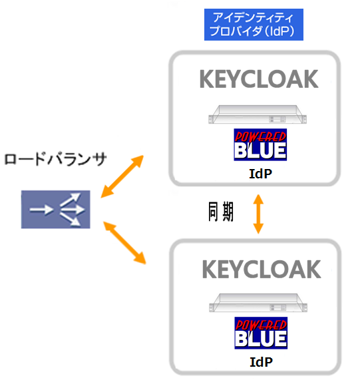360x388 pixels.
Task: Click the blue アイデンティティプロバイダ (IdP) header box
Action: (x=254, y=25)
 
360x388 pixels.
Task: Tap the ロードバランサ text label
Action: (x=56, y=159)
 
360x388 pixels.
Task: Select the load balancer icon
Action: (x=56, y=210)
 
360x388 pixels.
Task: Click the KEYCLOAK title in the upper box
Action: (x=259, y=79)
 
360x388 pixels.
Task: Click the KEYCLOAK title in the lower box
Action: (x=262, y=270)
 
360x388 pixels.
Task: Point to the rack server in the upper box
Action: (x=258, y=114)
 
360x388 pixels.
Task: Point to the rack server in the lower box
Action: (x=258, y=303)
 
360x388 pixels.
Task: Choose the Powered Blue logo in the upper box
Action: (x=260, y=145)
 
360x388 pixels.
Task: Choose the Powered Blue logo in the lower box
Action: (x=261, y=333)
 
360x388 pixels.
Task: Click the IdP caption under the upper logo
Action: (x=261, y=174)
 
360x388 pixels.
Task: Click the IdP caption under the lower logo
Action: (x=262, y=362)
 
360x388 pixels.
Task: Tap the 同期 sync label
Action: (x=221, y=212)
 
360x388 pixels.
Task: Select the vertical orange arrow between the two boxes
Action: (x=258, y=214)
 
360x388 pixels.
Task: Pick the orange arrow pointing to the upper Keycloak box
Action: (x=122, y=176)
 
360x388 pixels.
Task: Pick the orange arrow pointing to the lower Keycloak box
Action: (x=124, y=243)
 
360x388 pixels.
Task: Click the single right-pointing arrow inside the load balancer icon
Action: (x=41, y=210)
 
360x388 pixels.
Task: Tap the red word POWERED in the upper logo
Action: (x=260, y=136)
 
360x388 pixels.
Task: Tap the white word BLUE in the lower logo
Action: (x=261, y=339)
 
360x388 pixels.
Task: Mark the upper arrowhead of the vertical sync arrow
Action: (x=258, y=199)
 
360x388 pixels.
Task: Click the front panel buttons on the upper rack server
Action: (x=277, y=119)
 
